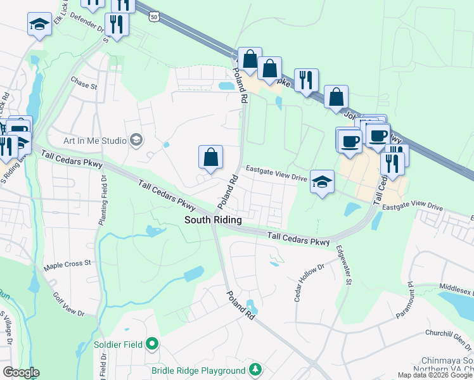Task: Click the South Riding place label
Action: click(x=213, y=220)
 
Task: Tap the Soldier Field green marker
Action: click(x=151, y=345)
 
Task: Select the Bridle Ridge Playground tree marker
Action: click(x=255, y=369)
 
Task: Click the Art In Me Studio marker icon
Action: click(x=135, y=139)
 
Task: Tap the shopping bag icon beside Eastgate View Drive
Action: click(x=210, y=157)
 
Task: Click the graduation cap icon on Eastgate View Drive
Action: click(x=322, y=181)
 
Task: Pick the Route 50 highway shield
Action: click(x=155, y=18)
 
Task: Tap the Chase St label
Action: click(x=84, y=83)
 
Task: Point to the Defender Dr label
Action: click(x=82, y=23)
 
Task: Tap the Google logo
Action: click(x=20, y=372)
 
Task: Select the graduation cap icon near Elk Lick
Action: click(x=39, y=25)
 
